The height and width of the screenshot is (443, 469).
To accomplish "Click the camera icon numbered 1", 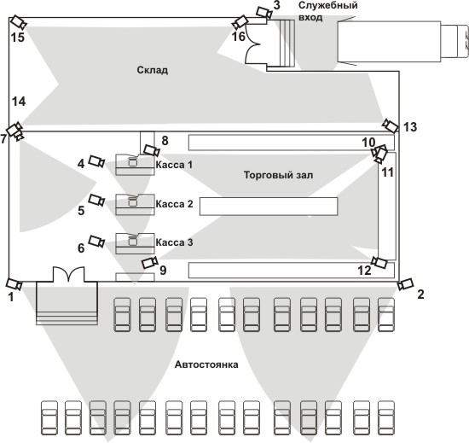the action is (x=14, y=283).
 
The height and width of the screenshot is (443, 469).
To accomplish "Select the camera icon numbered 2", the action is (x=406, y=284).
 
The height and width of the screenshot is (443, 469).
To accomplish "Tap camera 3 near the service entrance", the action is (x=264, y=13).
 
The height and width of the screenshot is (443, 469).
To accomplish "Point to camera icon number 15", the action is (x=19, y=22).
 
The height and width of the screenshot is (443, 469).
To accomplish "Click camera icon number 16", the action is (x=240, y=22).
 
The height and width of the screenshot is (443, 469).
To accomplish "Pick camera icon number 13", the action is (x=391, y=125).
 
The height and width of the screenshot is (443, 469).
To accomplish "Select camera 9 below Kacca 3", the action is (x=149, y=262).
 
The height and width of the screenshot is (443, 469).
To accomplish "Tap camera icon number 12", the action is (x=379, y=263).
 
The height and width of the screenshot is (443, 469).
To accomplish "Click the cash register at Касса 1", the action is (x=132, y=162).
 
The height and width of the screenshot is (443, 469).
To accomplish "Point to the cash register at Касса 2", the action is (x=132, y=201).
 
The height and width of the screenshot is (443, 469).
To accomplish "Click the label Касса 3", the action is (x=174, y=242).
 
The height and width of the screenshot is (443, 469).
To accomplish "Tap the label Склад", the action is (x=153, y=70).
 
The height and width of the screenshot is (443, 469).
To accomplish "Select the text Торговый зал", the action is (x=279, y=175).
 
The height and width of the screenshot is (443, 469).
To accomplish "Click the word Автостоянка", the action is (x=206, y=364).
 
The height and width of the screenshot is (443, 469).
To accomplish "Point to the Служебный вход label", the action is (x=328, y=11).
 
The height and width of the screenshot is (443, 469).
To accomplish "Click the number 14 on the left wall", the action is (x=19, y=102).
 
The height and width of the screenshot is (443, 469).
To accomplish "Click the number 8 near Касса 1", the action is (x=165, y=140).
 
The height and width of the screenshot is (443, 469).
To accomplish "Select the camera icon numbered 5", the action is (x=97, y=200).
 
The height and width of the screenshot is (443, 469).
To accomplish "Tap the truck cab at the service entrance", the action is (x=455, y=41).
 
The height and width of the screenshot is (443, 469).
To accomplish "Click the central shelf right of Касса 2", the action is (x=269, y=207).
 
